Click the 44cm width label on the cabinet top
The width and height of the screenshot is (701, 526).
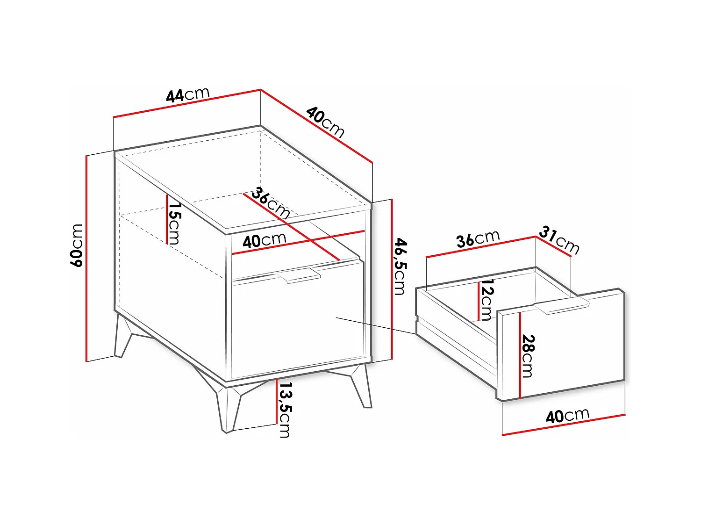coord(188,94)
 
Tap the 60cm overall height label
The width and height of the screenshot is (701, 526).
coord(77,245)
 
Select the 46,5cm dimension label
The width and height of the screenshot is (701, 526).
coord(400,266)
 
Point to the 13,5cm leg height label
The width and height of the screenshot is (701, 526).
coord(284,410)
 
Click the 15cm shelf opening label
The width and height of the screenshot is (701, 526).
coord(174,223)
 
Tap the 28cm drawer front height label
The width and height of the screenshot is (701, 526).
coord(528,356)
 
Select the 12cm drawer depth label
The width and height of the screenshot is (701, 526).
coord(486,299)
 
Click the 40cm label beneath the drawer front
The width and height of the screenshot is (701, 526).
coord(567,416)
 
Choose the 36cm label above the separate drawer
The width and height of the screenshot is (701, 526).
coord(478,238)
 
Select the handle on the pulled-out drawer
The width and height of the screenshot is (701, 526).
coord(562,306)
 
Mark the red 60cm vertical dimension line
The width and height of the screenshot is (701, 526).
coord(86,259)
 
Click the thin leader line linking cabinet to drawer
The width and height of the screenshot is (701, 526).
coord(376,326)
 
